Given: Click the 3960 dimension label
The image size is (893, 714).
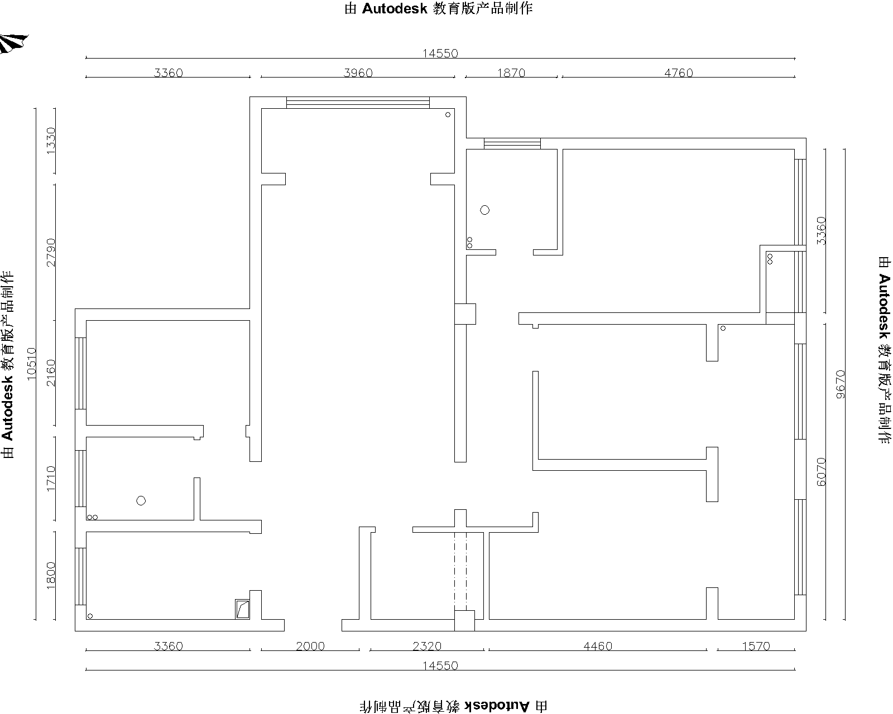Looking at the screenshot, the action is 358,73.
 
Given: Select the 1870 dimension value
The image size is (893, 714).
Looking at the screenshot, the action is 511,73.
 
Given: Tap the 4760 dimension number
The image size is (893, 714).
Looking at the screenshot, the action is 679,73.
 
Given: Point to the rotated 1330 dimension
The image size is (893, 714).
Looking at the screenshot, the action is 51,141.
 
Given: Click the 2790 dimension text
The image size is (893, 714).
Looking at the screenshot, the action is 51,252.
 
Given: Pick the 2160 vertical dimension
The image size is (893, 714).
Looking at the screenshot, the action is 51,373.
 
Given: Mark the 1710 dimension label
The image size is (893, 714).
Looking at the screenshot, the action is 51,479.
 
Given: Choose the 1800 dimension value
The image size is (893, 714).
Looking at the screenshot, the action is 51,575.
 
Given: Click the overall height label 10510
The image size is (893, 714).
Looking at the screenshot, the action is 32,364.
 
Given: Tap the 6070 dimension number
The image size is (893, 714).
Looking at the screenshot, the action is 821,472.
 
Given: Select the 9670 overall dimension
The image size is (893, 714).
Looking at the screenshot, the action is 841,384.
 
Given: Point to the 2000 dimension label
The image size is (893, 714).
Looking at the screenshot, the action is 310,646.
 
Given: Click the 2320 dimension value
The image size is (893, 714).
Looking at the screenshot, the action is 427,646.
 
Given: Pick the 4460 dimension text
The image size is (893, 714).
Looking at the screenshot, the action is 598,646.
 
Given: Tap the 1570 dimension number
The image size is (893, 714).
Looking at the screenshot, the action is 756,646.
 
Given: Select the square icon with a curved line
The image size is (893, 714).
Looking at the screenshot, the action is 242,610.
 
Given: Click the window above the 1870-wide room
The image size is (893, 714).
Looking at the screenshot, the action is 512,143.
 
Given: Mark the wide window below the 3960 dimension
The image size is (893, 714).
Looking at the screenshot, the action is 358,103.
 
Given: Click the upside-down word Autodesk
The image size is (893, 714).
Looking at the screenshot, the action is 497,706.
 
